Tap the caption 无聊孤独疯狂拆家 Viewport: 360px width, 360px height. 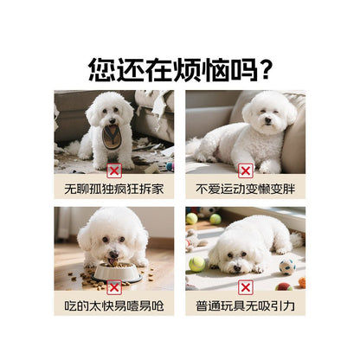click(x=113, y=187)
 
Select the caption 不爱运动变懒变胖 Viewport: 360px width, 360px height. click(x=245, y=187)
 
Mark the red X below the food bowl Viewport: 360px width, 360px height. click(x=113, y=286)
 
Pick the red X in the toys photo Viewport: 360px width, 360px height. click(x=245, y=286)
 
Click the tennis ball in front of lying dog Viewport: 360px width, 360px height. click(x=197, y=263)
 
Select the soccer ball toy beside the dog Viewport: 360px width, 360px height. click(x=286, y=266)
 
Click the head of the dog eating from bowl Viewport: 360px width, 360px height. click(x=112, y=238)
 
